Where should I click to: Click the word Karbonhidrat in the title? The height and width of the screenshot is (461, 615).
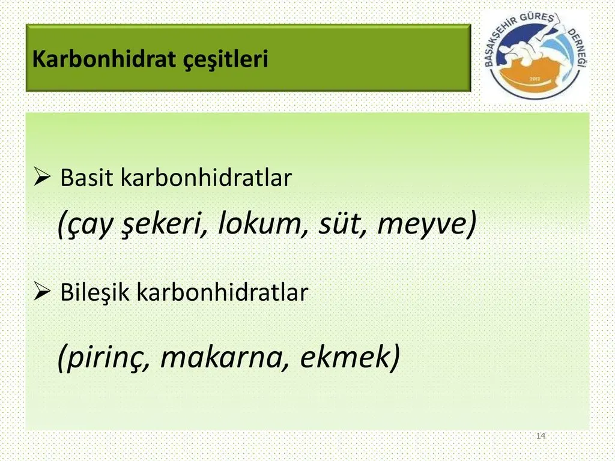tap(103, 59)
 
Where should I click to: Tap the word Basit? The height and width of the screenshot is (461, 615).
tap(86, 177)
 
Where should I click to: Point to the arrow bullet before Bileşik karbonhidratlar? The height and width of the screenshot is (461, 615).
tap(42, 291)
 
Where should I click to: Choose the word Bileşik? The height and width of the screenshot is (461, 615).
tap(94, 292)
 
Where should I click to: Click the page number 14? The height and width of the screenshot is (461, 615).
tap(541, 436)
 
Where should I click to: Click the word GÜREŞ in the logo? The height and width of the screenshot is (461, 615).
tap(537, 19)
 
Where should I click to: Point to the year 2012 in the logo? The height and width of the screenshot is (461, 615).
tap(535, 79)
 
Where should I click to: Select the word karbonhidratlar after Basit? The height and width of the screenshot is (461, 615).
tap(207, 177)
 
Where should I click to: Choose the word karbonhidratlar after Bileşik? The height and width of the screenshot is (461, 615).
tap(222, 292)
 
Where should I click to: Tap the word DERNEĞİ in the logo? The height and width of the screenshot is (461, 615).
tap(578, 49)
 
